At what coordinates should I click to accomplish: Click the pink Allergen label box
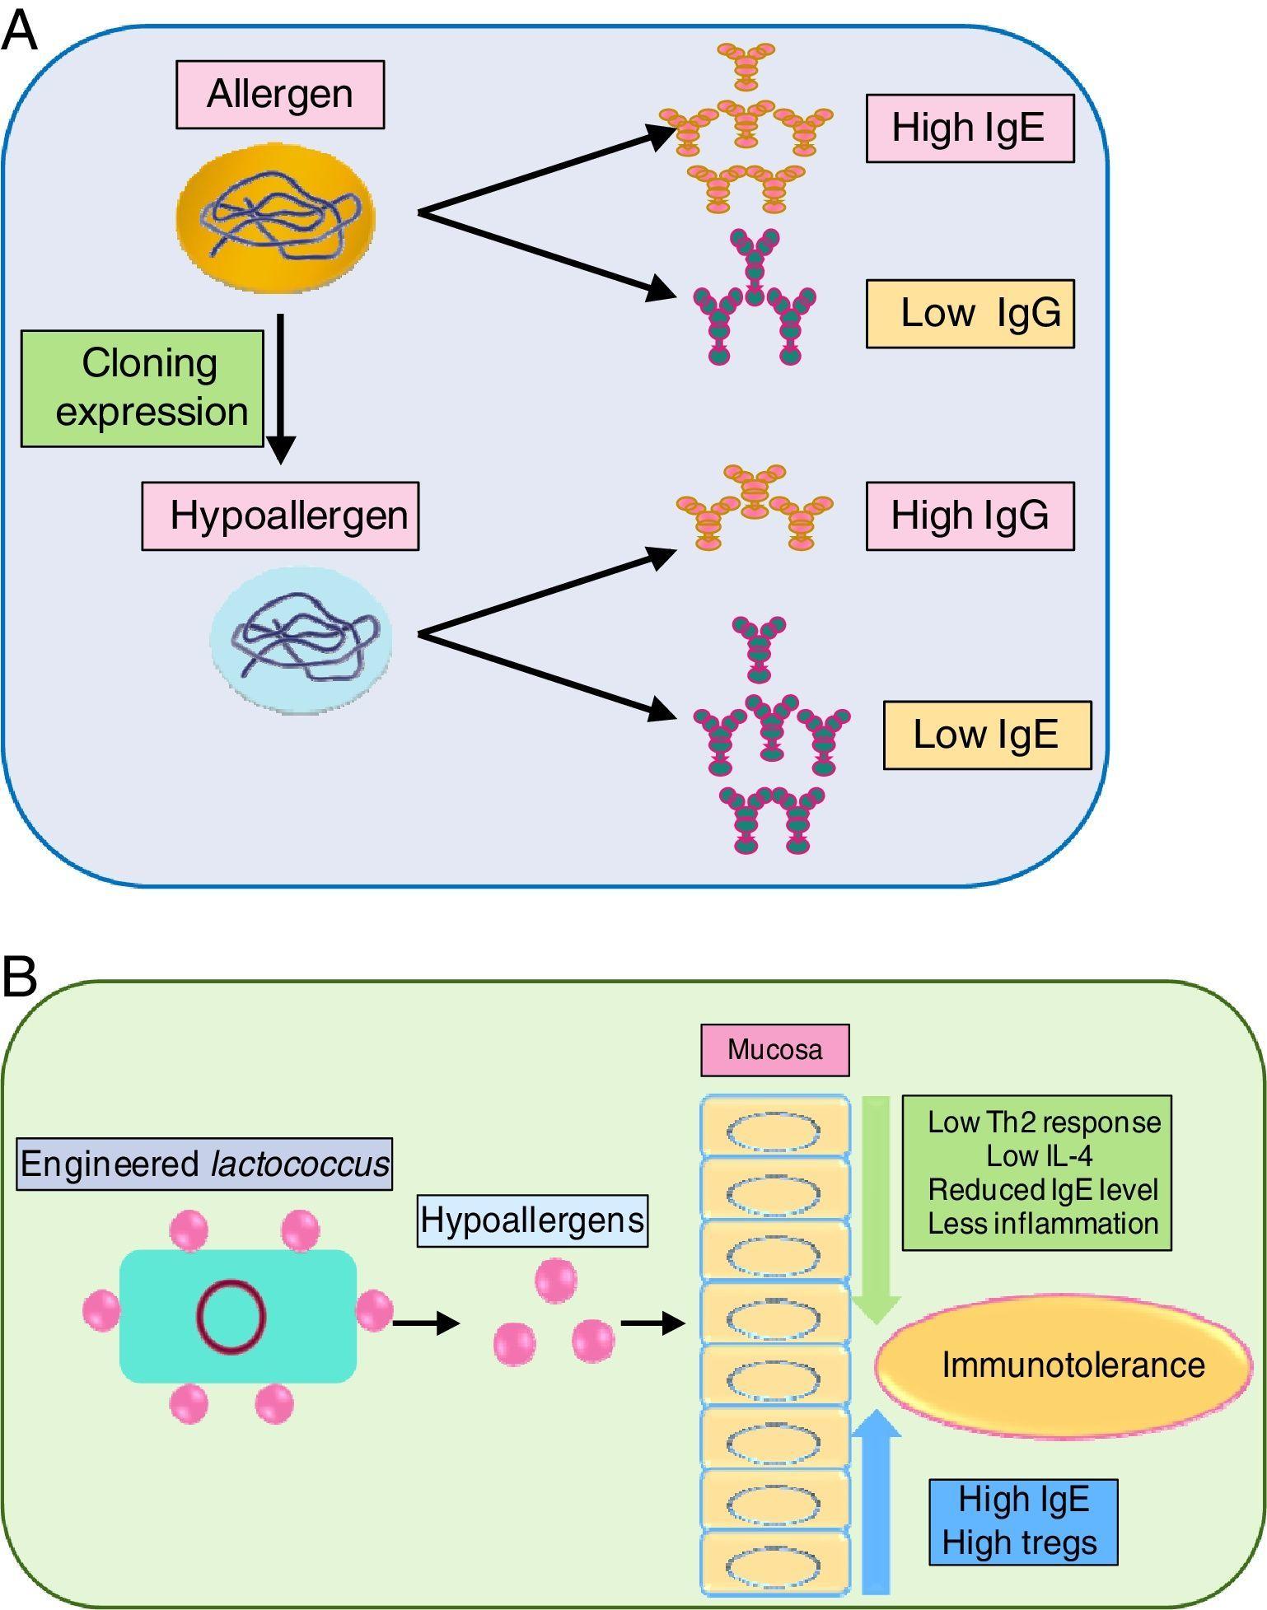click(x=280, y=95)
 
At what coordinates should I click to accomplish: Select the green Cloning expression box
click(x=143, y=389)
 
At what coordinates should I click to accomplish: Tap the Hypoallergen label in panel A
click(x=280, y=516)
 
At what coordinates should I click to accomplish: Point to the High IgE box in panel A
click(x=970, y=128)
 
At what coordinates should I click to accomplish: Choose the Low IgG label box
click(x=970, y=314)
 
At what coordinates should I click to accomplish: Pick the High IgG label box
click(x=970, y=516)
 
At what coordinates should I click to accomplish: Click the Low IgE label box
click(x=987, y=735)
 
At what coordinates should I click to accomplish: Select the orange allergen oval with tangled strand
click(x=276, y=218)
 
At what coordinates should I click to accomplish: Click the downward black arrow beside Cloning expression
click(x=281, y=387)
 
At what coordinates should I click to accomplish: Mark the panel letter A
click(x=19, y=33)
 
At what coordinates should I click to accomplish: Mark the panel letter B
click(x=19, y=978)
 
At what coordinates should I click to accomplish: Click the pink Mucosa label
click(x=774, y=1050)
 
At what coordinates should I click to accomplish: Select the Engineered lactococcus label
click(x=204, y=1164)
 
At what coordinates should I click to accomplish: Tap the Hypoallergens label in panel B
click(x=532, y=1220)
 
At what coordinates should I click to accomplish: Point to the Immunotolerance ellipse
click(x=1064, y=1365)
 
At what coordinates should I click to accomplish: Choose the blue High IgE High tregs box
click(x=1023, y=1522)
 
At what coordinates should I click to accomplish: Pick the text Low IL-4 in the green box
click(x=1040, y=1156)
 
